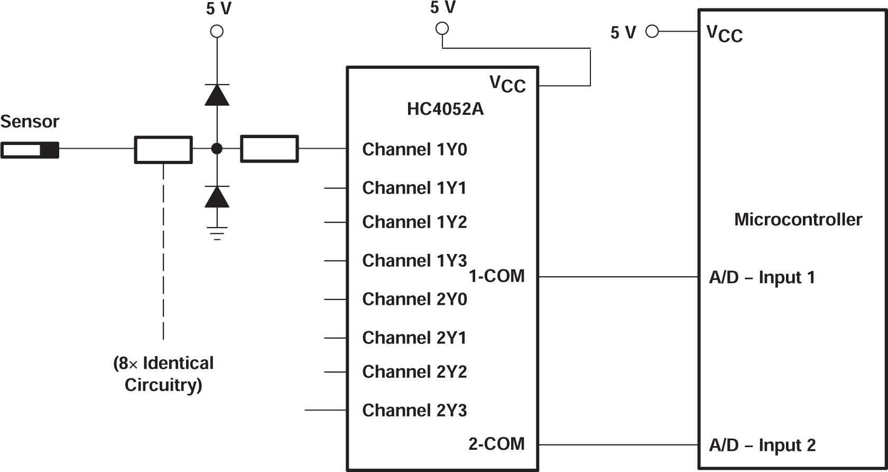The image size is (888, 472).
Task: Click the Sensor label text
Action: pos(30,122)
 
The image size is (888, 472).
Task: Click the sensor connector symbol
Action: pos(30,150)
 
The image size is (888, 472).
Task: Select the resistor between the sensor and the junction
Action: pos(163,150)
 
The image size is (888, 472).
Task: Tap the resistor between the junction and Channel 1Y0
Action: pos(269,149)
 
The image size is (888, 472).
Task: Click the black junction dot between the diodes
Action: pos(217,149)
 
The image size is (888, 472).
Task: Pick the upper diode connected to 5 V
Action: pos(217,95)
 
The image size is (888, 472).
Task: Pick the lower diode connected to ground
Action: pos(217,197)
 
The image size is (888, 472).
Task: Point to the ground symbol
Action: pos(217,233)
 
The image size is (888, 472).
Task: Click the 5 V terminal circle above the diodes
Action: pos(217,31)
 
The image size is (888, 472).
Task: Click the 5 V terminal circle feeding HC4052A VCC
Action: pos(442,29)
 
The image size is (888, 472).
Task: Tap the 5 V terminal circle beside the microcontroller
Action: pos(652,32)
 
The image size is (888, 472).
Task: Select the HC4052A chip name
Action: pos(445,110)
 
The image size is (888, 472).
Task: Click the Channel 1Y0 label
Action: pos(414,150)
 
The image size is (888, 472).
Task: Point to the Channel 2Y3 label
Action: pos(414,411)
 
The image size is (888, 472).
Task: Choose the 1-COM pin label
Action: pos(496,276)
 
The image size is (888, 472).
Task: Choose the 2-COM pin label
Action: pos(496,444)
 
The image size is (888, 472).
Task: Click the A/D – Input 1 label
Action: pos(762,277)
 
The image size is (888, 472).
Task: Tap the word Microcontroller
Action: pos(798,220)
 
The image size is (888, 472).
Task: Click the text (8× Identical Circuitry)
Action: pos(163,374)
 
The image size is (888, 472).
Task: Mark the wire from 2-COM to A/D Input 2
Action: pos(618,445)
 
